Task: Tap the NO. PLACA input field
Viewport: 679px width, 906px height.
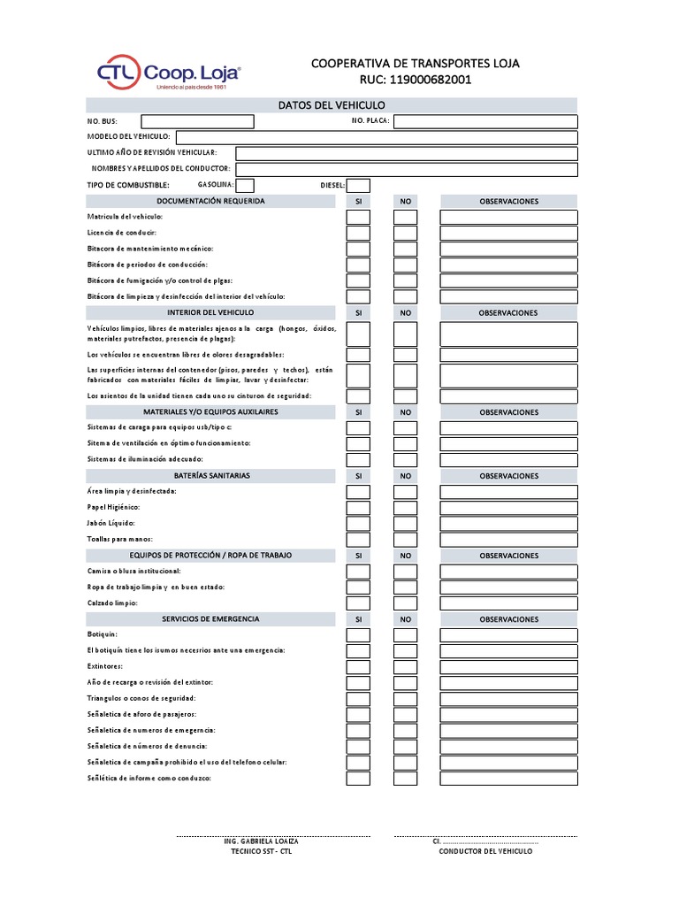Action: [485, 121]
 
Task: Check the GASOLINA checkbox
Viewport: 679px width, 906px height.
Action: [245, 185]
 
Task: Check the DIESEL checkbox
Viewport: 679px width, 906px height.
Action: [358, 185]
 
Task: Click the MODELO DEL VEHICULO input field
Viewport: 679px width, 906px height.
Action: [377, 137]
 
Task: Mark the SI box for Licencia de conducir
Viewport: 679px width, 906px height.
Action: [358, 233]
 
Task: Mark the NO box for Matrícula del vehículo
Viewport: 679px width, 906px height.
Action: [405, 217]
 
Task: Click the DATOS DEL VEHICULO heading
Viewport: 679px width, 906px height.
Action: [332, 105]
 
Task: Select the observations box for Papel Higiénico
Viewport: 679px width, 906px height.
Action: [508, 508]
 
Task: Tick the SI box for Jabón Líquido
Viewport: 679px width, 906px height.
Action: [358, 524]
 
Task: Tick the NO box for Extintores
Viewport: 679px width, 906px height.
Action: [405, 667]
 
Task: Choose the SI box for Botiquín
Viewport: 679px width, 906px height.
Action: [358, 635]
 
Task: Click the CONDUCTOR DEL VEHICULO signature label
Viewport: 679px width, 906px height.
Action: [485, 850]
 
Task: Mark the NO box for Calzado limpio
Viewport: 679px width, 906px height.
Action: [405, 603]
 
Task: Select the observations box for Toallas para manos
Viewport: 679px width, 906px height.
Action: [508, 540]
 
